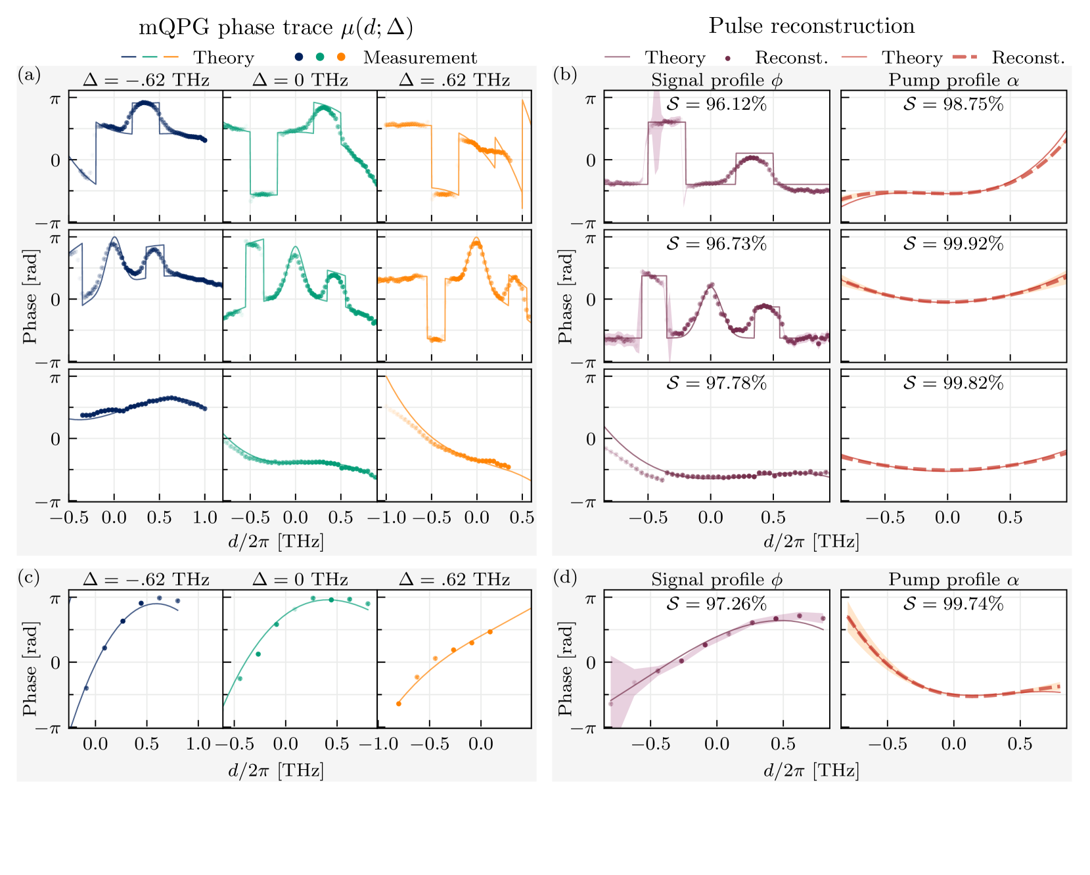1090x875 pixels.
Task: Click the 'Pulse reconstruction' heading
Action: pyautogui.click(x=811, y=26)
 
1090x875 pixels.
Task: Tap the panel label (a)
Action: pyautogui.click(x=30, y=74)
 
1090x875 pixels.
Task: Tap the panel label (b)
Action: pyautogui.click(x=565, y=74)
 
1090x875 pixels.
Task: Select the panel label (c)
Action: pyautogui.click(x=30, y=577)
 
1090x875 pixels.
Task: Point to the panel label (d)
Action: pyautogui.click(x=565, y=577)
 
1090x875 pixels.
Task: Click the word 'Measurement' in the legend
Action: pyautogui.click(x=420, y=58)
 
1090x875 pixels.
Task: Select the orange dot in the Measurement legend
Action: pyautogui.click(x=341, y=57)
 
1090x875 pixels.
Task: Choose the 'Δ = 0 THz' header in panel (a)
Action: pyautogui.click(x=300, y=80)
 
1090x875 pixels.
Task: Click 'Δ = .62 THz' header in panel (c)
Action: pyautogui.click(x=454, y=579)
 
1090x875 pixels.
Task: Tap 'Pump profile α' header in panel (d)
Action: pyautogui.click(x=953, y=579)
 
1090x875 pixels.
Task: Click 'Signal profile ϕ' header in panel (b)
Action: pyautogui.click(x=717, y=80)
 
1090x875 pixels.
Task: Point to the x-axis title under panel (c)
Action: pyautogui.click(x=276, y=769)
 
